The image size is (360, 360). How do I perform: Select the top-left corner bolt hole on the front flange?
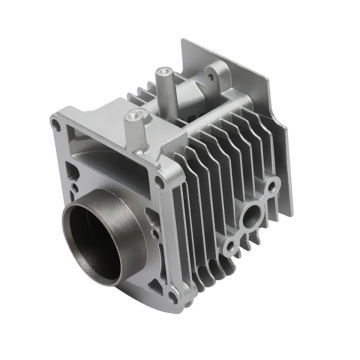tap(56, 123)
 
